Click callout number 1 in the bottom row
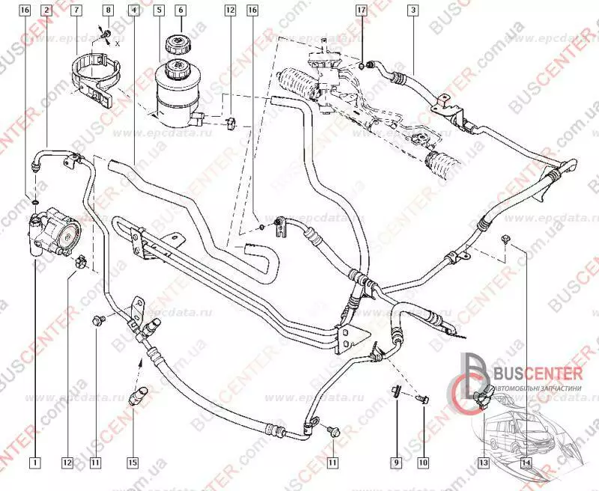coord(34,463)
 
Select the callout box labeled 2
coord(48,10)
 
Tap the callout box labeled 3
coord(412,10)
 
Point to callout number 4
coord(133,10)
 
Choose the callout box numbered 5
coord(159,10)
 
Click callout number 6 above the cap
coord(180,10)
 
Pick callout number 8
coord(109,10)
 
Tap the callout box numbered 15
coord(133,463)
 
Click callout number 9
coord(396,463)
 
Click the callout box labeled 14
coord(526,463)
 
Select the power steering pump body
coord(57,231)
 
